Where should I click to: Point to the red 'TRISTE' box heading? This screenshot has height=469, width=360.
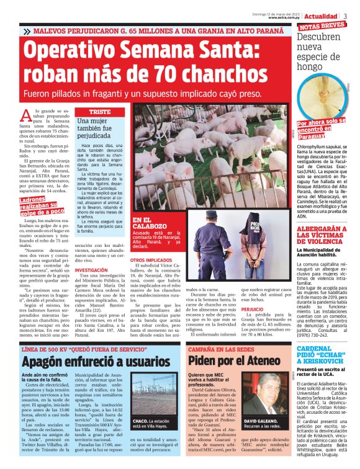99,112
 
